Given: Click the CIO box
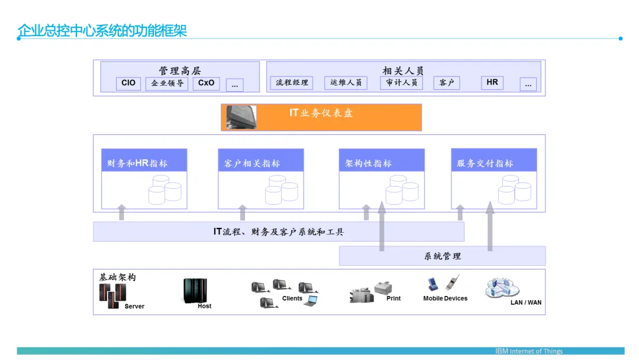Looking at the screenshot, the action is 128,83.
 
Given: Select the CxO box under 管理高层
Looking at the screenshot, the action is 206,83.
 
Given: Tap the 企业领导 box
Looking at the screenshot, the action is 167,83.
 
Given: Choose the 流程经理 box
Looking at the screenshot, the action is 292,83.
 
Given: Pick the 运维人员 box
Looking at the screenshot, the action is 346,83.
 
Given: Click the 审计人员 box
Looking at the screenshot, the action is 401,83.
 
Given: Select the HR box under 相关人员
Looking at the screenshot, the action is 492,83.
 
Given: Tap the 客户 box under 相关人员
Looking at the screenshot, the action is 447,83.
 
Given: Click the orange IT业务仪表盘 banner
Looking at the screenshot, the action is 321,117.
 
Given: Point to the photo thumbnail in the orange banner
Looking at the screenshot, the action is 241,117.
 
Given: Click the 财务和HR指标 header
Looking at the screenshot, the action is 144,160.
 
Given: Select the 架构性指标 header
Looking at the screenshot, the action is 382,160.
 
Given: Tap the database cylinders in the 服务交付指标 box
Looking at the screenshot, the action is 515,189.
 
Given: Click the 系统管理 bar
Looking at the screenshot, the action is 442,256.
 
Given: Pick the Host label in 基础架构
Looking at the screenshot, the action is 205,306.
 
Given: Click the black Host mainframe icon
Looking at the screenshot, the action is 195,291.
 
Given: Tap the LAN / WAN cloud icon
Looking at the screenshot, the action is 502,288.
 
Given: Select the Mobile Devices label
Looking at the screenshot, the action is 446,298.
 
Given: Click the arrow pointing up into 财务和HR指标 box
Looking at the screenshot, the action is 121,213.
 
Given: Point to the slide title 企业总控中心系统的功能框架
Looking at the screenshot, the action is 102,31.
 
